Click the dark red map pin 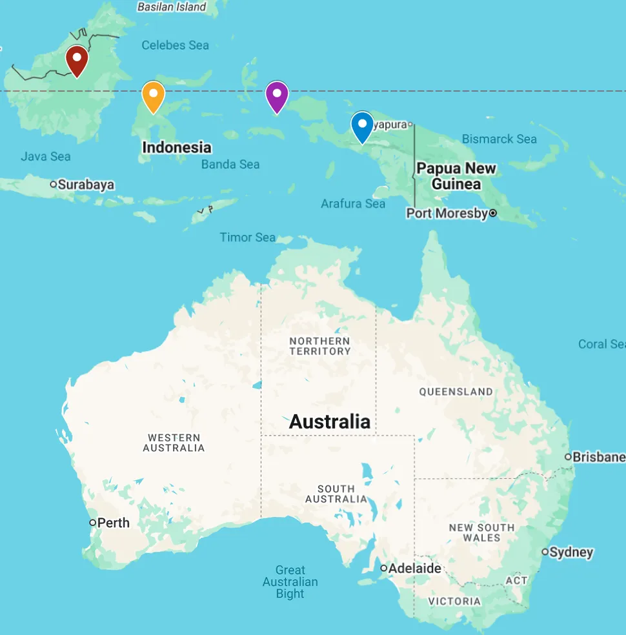[x=77, y=61]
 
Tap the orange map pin [x=153, y=96]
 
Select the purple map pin [x=277, y=96]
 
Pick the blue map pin [x=362, y=126]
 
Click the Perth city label [x=113, y=523]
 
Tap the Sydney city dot [x=545, y=552]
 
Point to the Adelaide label [x=414, y=569]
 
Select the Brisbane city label [x=598, y=457]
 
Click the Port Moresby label [x=447, y=213]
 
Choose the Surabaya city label [x=86, y=185]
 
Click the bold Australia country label [x=330, y=421]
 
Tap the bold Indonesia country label [x=176, y=147]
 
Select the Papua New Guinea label [x=456, y=176]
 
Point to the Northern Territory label [x=319, y=346]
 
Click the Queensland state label [x=456, y=392]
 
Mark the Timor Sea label [x=247, y=237]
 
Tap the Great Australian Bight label [x=290, y=581]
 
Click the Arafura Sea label [x=353, y=204]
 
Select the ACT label [x=516, y=581]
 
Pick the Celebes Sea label [x=175, y=45]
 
